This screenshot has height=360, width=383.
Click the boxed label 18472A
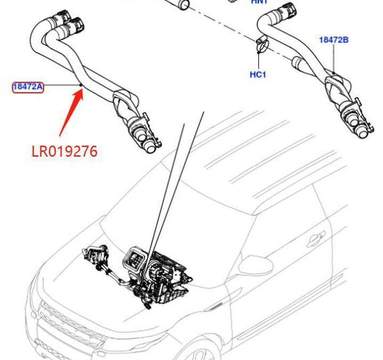28,86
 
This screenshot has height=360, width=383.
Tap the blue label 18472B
334,39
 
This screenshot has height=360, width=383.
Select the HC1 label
257,75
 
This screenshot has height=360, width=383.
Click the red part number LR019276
64,151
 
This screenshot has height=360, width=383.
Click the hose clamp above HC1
260,47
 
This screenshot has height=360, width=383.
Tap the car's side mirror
251,264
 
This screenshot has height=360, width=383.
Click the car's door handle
315,239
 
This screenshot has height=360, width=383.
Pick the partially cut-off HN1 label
260,2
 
